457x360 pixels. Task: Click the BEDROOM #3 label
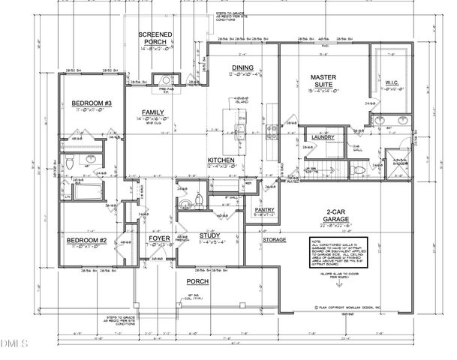pos(92,103)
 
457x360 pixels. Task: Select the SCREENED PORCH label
pos(155,39)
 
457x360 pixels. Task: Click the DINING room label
pos(242,68)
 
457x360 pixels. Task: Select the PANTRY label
pos(265,211)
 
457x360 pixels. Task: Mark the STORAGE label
pos(274,239)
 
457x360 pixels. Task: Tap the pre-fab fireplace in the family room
pos(163,82)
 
